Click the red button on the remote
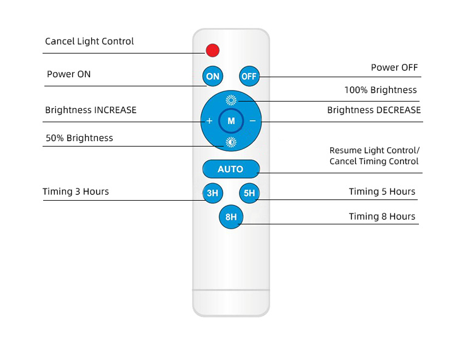[213, 50]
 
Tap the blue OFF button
[249, 76]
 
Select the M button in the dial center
[231, 120]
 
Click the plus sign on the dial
[209, 120]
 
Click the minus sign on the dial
[252, 120]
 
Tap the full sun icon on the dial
[231, 100]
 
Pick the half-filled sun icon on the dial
[231, 142]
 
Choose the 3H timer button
[213, 193]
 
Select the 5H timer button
[249, 193]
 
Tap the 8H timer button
[231, 217]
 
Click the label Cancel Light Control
[89, 41]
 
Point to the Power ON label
[69, 74]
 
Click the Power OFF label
[395, 67]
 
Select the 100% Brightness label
[381, 90]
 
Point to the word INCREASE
[115, 110]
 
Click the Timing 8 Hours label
[382, 216]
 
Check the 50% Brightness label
[79, 138]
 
